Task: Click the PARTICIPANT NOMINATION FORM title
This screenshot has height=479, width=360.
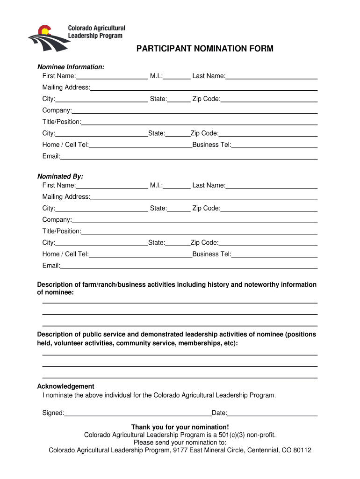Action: tap(205, 49)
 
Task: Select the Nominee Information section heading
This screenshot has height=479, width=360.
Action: tap(71, 67)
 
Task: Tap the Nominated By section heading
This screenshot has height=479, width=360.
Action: tap(60, 176)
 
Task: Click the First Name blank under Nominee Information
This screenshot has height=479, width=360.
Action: tap(112, 77)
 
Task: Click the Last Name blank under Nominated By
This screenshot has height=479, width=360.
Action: tap(271, 186)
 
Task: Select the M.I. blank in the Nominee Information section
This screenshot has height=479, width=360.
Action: tap(177, 77)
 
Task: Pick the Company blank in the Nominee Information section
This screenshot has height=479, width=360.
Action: tap(194, 111)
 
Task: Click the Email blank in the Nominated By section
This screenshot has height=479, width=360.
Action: tap(189, 267)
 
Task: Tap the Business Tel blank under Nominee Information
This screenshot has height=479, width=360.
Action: tap(274, 145)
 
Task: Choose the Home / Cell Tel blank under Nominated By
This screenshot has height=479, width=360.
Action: tap(140, 255)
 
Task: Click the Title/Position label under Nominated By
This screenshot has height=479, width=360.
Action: tap(62, 231)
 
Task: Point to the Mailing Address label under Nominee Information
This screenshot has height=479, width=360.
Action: tap(66, 87)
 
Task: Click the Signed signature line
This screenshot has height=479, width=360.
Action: tap(138, 414)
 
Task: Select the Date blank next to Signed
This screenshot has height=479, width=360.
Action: tap(273, 414)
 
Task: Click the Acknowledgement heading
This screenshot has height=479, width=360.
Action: tap(65, 386)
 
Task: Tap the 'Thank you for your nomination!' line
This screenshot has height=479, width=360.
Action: tap(180, 427)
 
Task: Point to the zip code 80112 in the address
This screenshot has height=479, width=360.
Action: tap(302, 450)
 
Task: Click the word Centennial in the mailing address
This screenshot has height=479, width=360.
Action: tap(259, 450)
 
